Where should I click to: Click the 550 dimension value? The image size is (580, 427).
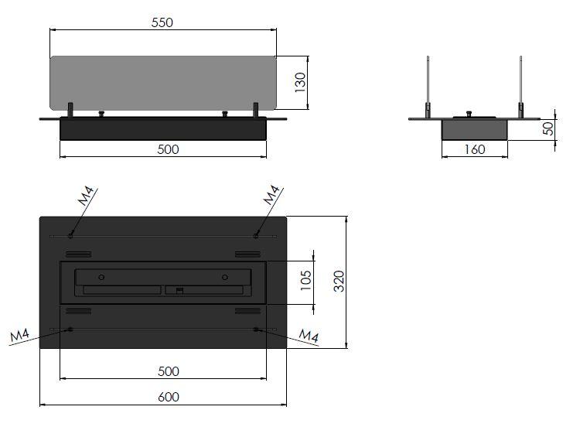(x=162, y=22)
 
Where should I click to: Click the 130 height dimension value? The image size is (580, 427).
(x=300, y=82)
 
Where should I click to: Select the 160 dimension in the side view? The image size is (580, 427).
(x=475, y=149)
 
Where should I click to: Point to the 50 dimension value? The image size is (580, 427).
(x=548, y=128)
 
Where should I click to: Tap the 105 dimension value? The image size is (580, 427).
(x=306, y=280)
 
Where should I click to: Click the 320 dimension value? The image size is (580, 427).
(x=339, y=282)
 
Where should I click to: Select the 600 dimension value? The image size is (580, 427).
(x=169, y=397)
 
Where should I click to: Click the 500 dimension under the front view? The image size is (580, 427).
(x=169, y=149)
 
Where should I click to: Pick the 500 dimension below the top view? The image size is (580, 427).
(x=169, y=371)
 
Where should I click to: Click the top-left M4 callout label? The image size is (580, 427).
(x=86, y=196)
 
